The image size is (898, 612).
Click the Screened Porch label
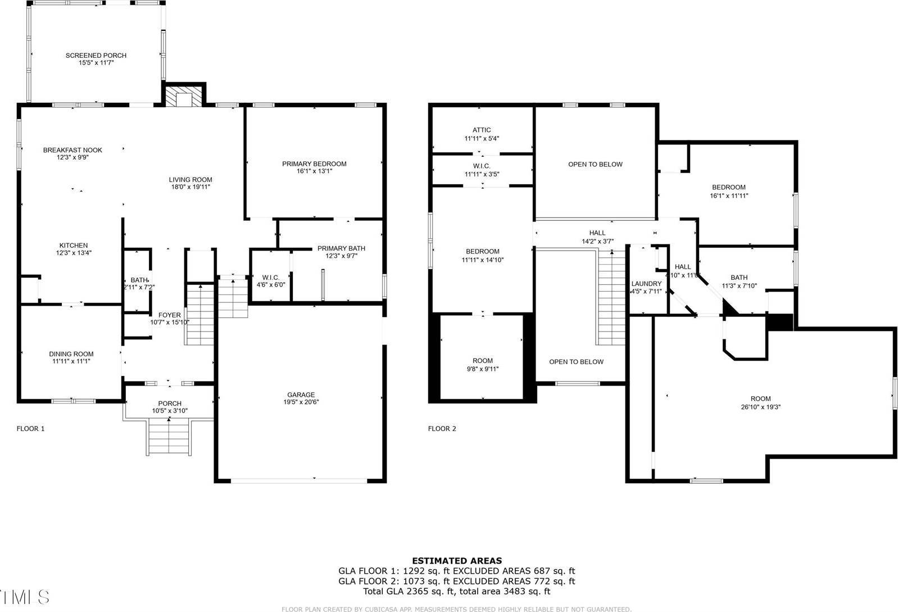pyautogui.click(x=96, y=56)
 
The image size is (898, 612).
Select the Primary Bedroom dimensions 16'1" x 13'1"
pyautogui.click(x=314, y=171)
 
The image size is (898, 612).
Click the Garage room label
pyautogui.click(x=301, y=395)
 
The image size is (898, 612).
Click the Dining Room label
pyautogui.click(x=71, y=354)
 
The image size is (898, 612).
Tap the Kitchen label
pyautogui.click(x=74, y=246)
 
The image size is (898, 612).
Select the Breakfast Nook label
pyautogui.click(x=72, y=150)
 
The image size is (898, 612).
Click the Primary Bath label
pyautogui.click(x=341, y=248)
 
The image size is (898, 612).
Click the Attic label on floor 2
pyautogui.click(x=482, y=130)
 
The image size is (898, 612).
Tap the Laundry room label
pyautogui.click(x=646, y=284)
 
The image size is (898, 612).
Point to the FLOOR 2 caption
pyautogui.click(x=442, y=429)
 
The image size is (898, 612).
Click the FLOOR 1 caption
pyautogui.click(x=30, y=429)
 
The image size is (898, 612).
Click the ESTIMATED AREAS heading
pyautogui.click(x=457, y=560)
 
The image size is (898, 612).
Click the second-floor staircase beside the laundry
pyautogui.click(x=611, y=298)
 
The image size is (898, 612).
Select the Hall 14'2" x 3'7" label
pyautogui.click(x=597, y=233)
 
